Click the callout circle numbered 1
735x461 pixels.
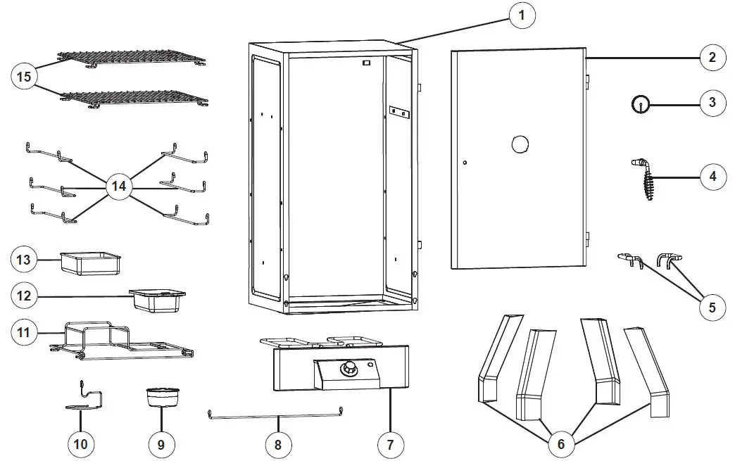pos(522,15)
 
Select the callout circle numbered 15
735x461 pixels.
pos(25,76)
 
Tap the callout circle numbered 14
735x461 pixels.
pos(118,187)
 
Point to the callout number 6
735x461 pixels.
pos(560,443)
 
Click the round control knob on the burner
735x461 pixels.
pos(348,370)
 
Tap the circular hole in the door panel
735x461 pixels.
pos(520,144)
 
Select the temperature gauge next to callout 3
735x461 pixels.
pos(640,104)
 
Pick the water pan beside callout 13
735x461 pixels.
pos(90,263)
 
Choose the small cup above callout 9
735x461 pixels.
pos(161,398)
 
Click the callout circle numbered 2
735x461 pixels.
pos(712,57)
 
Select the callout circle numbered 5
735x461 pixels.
pos(712,307)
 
